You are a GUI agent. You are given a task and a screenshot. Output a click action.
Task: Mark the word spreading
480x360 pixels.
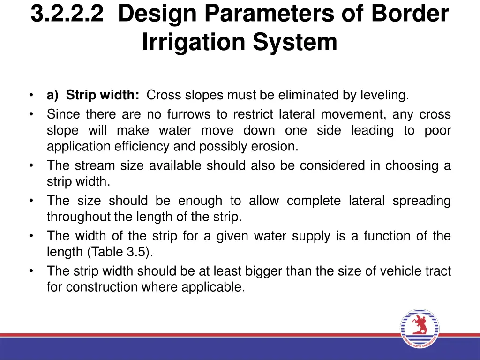pyautogui.click(x=421, y=201)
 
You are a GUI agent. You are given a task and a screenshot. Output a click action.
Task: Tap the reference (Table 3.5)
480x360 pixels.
pyautogui.click(x=120, y=252)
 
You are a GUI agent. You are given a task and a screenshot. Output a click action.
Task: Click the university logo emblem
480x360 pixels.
pyautogui.click(x=420, y=329)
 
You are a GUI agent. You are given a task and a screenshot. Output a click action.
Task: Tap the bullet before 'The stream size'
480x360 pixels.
pyautogui.click(x=31, y=165)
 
